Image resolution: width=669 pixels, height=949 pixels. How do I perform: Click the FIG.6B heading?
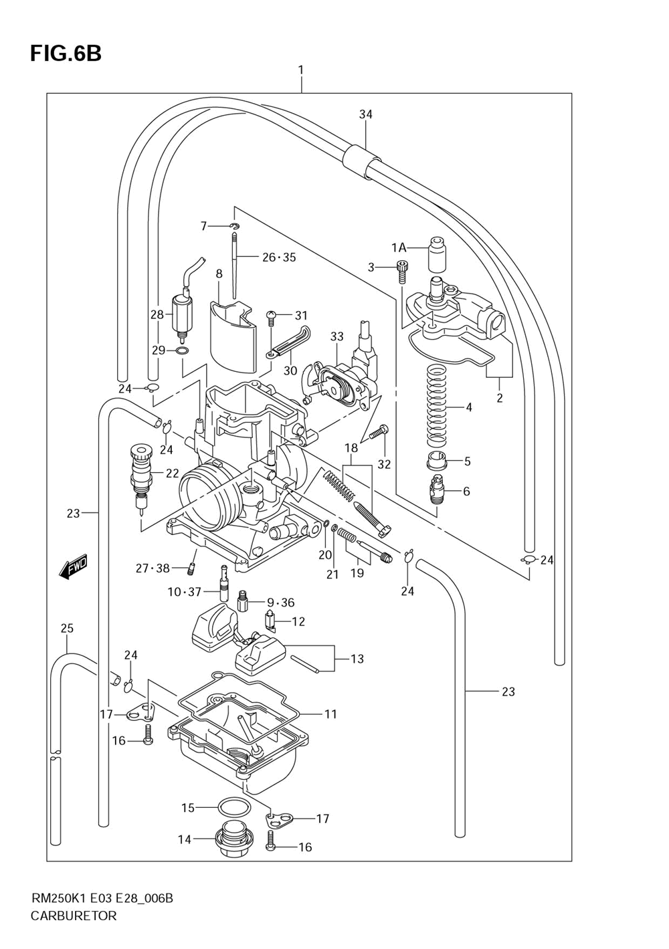pyautogui.click(x=66, y=54)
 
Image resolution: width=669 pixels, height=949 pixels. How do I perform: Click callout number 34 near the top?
pyautogui.click(x=366, y=114)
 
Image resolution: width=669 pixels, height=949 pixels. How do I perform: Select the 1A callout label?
pyautogui.click(x=398, y=247)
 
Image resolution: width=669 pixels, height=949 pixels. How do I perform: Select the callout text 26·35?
pyautogui.click(x=279, y=257)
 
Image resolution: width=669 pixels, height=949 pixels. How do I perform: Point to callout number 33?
pyautogui.click(x=337, y=336)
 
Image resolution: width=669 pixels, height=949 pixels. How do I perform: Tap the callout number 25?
pyautogui.click(x=67, y=628)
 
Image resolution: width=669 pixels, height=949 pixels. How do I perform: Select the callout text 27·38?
pyautogui.click(x=153, y=568)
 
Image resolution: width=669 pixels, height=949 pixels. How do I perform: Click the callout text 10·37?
pyautogui.click(x=184, y=592)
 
